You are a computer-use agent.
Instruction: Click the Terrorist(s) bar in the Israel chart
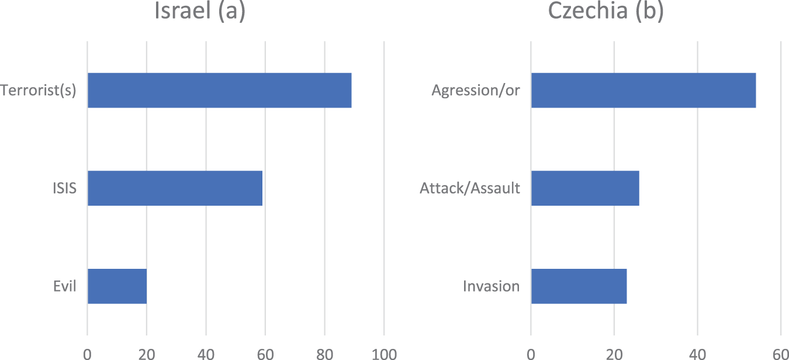(x=219, y=91)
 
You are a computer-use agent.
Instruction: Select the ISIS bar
(x=175, y=188)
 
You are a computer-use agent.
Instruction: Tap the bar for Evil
(x=117, y=286)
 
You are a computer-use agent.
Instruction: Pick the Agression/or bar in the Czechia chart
(x=643, y=91)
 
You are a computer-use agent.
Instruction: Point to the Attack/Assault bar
(x=584, y=188)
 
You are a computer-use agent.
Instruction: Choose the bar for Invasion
(x=579, y=286)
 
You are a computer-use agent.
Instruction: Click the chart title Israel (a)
(x=199, y=12)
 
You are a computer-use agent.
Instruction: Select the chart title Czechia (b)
(x=605, y=12)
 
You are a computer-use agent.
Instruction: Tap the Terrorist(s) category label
(x=39, y=91)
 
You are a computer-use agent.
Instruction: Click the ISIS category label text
(x=64, y=189)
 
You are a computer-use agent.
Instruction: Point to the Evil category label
(x=65, y=286)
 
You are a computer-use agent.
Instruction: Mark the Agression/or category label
(x=475, y=91)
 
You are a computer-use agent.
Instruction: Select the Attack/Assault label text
(x=469, y=189)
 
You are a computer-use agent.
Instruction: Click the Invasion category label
(x=491, y=286)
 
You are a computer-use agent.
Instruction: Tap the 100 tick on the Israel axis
(x=383, y=353)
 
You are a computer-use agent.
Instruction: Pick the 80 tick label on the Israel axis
(x=324, y=353)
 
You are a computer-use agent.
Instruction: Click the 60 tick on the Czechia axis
(x=780, y=353)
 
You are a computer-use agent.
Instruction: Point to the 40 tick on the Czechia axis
(x=697, y=353)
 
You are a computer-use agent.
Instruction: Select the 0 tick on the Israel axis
(x=87, y=353)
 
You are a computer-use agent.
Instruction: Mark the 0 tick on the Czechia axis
(x=531, y=353)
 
